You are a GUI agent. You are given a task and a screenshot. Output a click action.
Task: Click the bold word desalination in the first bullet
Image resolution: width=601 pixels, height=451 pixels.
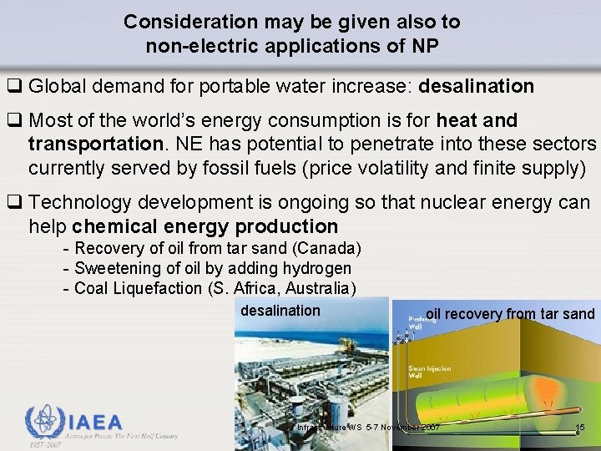(476, 86)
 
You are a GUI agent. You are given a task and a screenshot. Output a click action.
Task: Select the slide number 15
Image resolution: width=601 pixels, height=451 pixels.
(582, 428)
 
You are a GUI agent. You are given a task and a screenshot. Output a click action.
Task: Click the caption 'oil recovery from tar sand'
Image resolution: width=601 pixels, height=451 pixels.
(510, 314)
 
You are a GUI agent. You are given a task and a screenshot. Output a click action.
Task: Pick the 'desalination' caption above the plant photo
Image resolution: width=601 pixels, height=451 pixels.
(280, 311)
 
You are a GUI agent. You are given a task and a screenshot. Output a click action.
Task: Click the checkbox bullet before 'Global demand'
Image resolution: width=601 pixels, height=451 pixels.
(14, 86)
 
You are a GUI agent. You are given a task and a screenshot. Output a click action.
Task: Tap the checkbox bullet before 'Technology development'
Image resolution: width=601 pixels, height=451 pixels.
(14, 203)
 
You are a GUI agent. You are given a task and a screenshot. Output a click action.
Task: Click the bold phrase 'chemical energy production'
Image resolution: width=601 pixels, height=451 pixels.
(205, 226)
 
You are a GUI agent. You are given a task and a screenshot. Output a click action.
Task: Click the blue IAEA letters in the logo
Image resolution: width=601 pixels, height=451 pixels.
(94, 422)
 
